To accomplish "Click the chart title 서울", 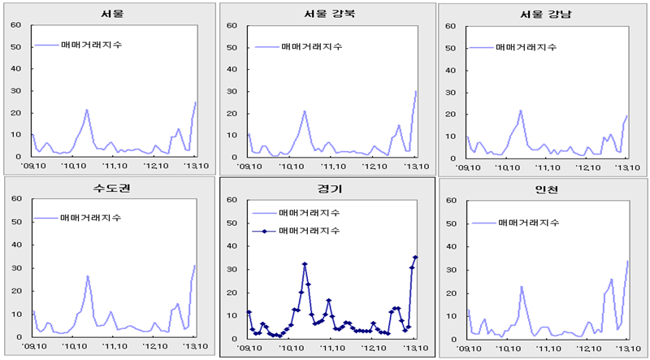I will pos(114,14).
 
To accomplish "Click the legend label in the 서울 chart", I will pos(93,46).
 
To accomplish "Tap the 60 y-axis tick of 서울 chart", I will pos(15,24).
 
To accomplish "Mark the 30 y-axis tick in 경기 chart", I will pos(231,267).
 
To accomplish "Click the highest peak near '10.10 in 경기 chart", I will pos(305,264).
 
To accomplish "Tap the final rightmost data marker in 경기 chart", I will pos(416,257).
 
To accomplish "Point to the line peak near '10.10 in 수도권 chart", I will pos(88,276).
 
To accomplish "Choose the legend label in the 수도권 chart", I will pos(93,218).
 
